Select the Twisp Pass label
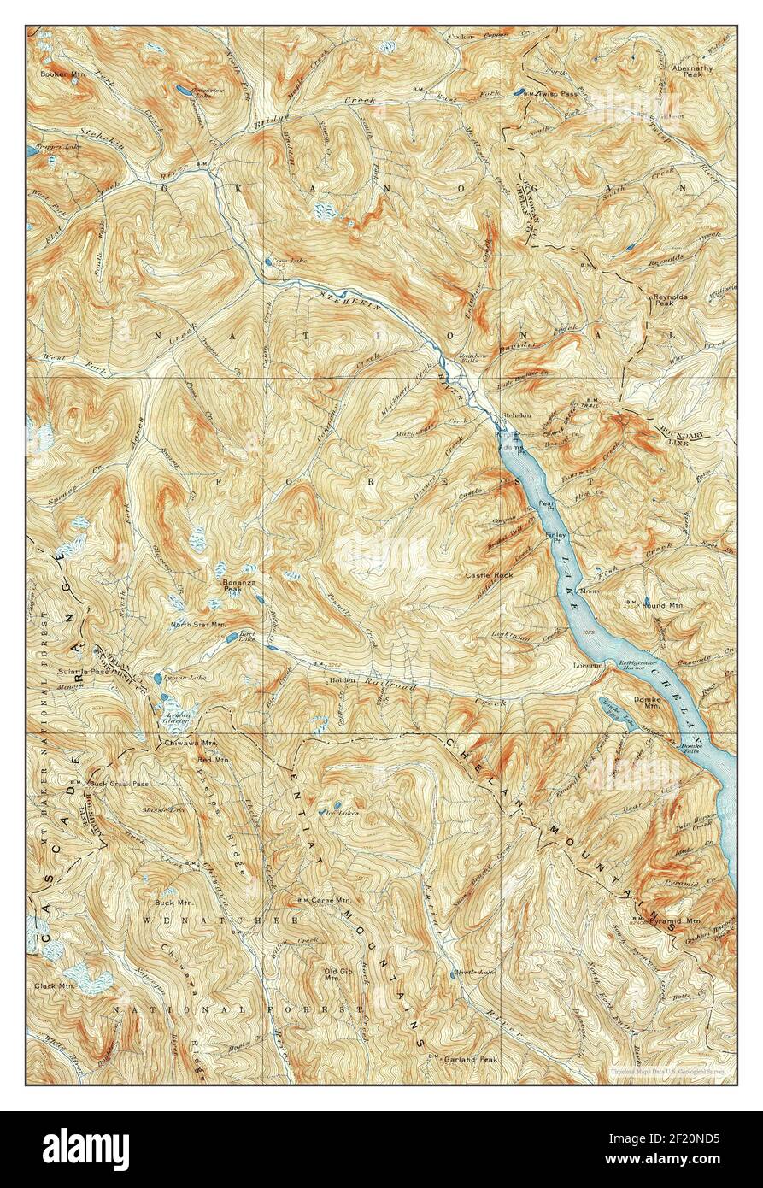click(x=558, y=93)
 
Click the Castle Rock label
click(x=489, y=576)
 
